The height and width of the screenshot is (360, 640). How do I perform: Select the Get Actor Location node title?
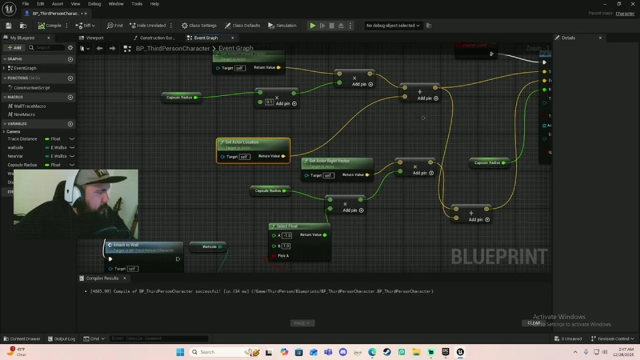tap(241, 142)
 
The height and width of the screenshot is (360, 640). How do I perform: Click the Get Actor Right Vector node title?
tap(329, 161)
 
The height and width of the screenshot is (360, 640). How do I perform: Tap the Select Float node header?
tap(287, 226)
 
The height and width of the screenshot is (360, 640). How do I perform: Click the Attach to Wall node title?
tap(125, 245)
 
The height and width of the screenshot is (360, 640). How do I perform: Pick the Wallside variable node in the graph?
tap(209, 246)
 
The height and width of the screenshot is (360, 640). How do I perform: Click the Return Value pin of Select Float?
tap(324, 235)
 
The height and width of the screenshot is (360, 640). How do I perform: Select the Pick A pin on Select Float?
tap(274, 256)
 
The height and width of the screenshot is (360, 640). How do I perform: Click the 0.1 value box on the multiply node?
tap(269, 102)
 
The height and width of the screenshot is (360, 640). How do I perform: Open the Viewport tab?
tap(94, 38)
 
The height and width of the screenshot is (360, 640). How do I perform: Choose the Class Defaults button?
tap(242, 25)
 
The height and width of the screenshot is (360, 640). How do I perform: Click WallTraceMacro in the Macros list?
tap(29, 106)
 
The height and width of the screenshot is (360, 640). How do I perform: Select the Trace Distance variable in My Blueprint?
tap(22, 139)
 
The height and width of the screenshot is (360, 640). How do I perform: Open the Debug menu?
tap(94, 4)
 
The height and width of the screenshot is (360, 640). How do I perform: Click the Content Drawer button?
tap(22, 338)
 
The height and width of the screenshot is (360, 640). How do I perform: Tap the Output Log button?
tap(61, 338)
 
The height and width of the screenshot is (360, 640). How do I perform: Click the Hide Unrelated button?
tap(147, 25)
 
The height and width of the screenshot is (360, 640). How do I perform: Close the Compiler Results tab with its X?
tap(124, 278)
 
